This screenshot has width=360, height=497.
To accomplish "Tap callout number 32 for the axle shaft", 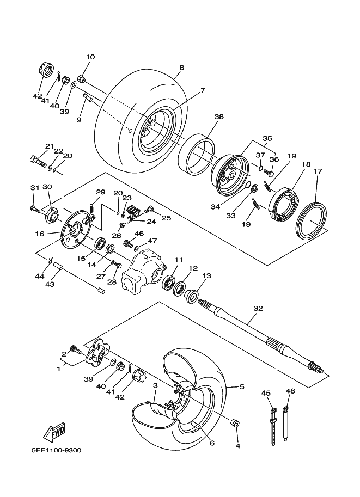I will click(258, 308).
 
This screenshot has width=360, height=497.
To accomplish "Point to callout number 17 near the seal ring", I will click(318, 171).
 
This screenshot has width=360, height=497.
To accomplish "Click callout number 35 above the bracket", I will click(267, 138).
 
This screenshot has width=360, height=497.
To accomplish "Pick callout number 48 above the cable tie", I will click(290, 392).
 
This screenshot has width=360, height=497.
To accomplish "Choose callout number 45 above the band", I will click(266, 392).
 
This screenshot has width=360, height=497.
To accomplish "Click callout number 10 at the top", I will click(90, 57).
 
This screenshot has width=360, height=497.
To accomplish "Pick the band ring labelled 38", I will click(198, 155).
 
